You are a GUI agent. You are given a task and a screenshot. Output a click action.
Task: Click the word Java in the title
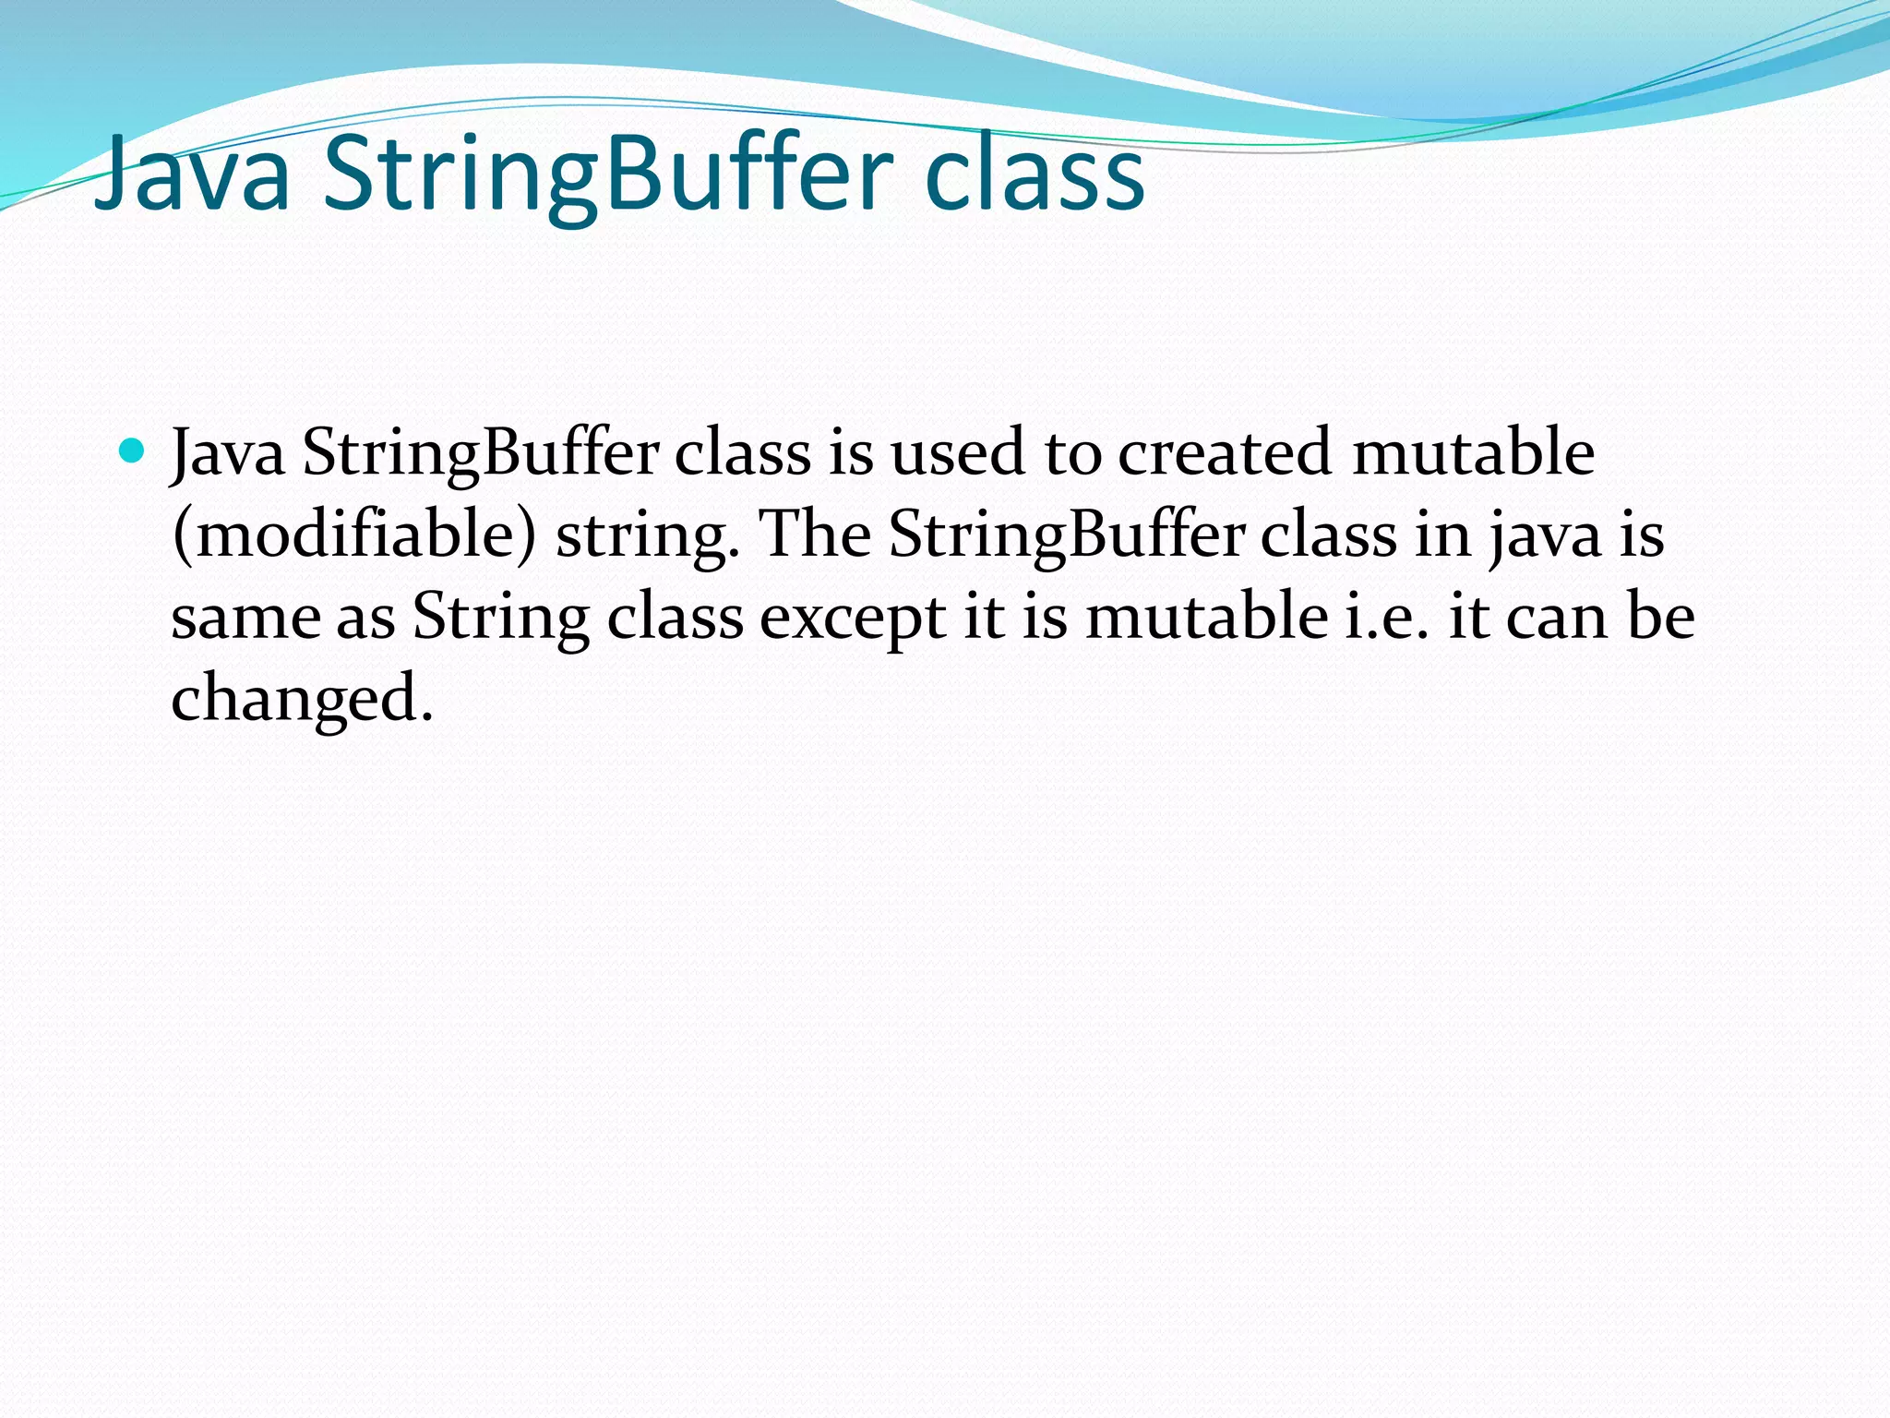click(x=193, y=174)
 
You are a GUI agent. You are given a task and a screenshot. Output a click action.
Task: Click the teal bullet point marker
click(x=133, y=451)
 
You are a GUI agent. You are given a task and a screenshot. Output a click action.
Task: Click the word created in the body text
click(x=1225, y=452)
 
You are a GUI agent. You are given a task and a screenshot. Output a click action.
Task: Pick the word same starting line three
click(x=245, y=617)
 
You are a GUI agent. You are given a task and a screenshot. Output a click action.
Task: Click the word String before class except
click(x=501, y=617)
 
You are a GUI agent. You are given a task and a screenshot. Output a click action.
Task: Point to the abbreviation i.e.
click(x=1387, y=617)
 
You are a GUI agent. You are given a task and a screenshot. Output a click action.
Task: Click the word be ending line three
click(x=1661, y=617)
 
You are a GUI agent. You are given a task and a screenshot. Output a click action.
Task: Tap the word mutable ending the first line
click(x=1473, y=452)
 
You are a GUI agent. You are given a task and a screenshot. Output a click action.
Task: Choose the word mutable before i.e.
click(x=1207, y=617)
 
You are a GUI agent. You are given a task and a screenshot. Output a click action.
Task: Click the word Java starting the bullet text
click(x=229, y=452)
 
